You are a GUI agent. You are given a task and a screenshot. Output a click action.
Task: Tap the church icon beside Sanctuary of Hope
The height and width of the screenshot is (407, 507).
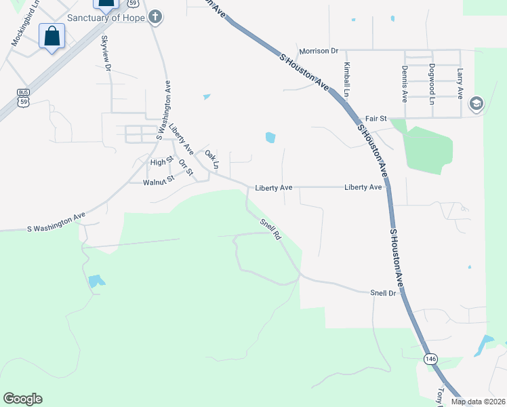tap(155, 17)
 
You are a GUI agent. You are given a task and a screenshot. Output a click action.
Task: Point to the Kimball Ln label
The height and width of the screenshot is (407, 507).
tap(347, 79)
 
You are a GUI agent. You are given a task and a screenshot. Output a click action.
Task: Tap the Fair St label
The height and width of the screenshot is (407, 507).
tap(375, 118)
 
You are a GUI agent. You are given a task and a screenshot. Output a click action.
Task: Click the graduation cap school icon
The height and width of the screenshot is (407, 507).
tap(475, 103)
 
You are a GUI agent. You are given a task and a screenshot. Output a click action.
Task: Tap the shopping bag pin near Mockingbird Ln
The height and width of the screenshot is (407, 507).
tap(52, 37)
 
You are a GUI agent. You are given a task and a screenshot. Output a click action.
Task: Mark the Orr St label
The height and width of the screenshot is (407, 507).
tap(186, 168)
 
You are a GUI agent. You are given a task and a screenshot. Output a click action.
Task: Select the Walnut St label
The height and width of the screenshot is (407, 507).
tap(159, 180)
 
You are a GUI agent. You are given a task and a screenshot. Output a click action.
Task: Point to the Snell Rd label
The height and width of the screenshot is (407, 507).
tap(270, 229)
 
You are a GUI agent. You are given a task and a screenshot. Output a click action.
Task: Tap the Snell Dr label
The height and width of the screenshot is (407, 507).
tap(383, 292)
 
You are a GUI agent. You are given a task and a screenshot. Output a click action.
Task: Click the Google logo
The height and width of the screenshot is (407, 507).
tap(22, 399)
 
